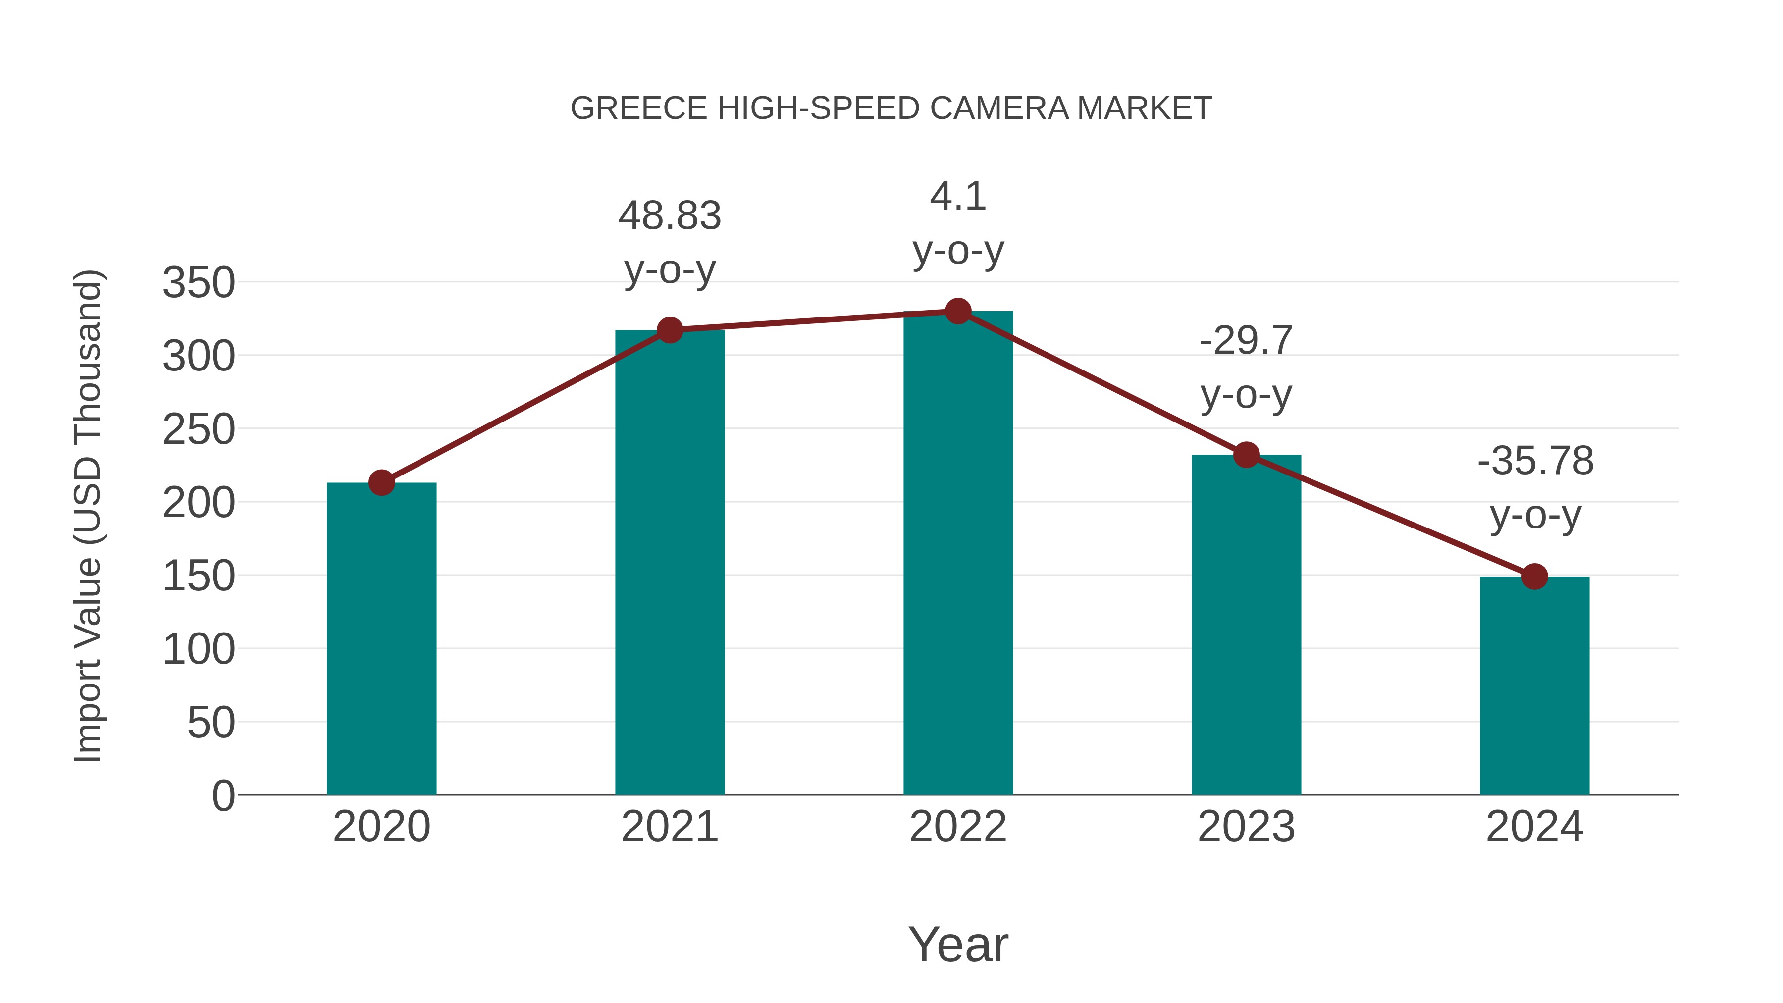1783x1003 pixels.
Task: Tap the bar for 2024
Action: coord(1534,686)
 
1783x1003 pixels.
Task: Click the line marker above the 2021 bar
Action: coord(669,330)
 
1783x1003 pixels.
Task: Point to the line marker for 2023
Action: coord(1246,455)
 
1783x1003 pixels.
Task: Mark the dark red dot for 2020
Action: coord(381,482)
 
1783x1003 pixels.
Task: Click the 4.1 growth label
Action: coord(958,197)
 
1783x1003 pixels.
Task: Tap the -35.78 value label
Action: coord(1534,461)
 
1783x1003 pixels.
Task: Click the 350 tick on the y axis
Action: coord(199,283)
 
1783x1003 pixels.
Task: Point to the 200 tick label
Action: coord(199,503)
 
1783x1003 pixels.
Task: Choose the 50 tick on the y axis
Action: coord(211,723)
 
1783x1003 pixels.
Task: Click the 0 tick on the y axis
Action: coord(223,796)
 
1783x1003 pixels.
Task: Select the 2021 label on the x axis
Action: coord(669,827)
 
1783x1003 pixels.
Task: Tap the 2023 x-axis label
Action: coord(1246,827)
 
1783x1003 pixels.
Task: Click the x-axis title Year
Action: coord(958,944)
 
